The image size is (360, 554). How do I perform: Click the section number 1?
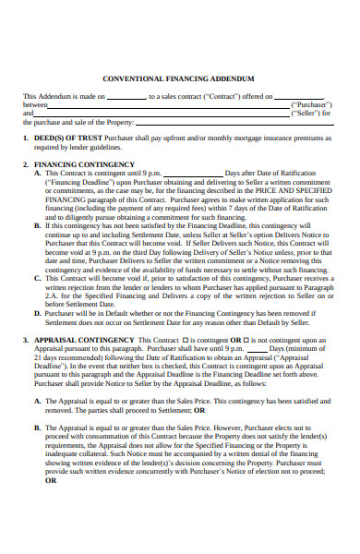pyautogui.click(x=25, y=138)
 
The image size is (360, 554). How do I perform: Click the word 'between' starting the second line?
pyautogui.click(x=34, y=105)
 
